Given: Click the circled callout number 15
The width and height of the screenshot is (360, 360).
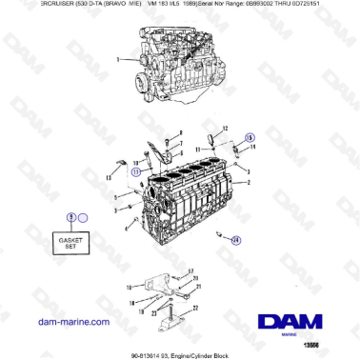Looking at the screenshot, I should [x=250, y=137].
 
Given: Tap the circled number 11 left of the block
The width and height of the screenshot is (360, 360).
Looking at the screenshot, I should [x=136, y=172].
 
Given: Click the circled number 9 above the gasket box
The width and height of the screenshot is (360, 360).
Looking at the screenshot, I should [x=70, y=218].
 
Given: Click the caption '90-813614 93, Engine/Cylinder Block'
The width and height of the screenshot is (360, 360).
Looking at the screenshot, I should [x=180, y=354].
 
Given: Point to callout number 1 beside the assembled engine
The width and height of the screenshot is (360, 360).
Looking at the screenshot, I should [x=117, y=59].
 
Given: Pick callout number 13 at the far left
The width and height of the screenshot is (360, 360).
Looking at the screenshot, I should [x=108, y=177].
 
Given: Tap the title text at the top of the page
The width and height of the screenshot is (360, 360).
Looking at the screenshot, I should [x=180, y=5].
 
